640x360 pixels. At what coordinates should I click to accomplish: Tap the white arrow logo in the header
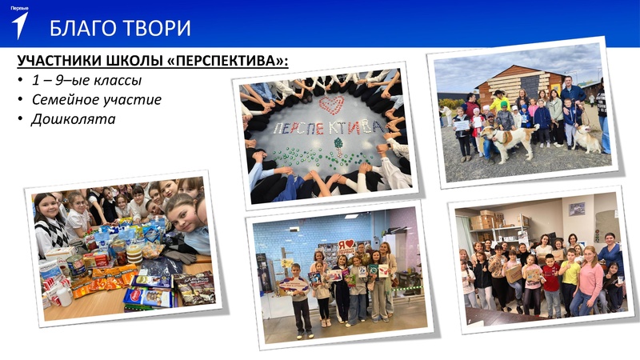pos(20,25)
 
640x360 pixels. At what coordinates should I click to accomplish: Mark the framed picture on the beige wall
pos(576,209)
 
